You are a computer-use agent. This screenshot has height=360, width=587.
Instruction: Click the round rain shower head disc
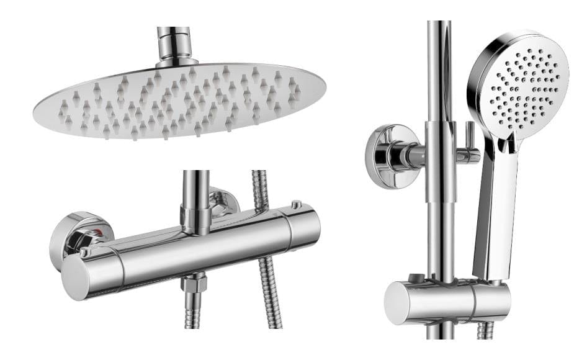(x=179, y=99)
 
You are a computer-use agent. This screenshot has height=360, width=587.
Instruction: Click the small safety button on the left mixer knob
(x=83, y=251)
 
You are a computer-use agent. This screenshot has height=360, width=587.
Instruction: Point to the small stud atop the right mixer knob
(x=297, y=204)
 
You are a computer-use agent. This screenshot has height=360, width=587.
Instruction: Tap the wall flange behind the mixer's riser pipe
(x=223, y=200)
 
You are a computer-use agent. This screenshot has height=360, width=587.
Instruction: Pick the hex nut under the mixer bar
(x=194, y=284)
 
